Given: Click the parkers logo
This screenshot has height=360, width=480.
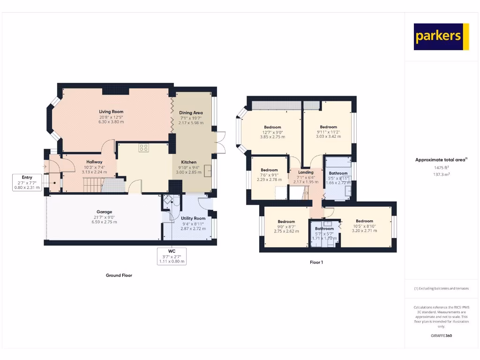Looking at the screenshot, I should tap(441, 37).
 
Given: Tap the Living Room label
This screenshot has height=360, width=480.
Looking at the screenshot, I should tap(111, 112).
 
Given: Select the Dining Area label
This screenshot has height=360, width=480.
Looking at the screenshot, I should tap(191, 113).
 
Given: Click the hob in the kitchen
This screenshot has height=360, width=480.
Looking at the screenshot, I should tap(143, 148).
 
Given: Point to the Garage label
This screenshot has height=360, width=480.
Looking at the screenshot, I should tap(104, 212).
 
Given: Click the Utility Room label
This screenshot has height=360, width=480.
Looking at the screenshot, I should tap(193, 218).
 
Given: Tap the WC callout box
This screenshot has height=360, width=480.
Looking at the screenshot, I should tap(172, 256).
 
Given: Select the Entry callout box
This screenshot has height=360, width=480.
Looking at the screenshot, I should tap(27, 182).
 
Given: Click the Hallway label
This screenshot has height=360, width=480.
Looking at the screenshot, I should tap(94, 162).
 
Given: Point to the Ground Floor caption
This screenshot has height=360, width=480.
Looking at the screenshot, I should tap(119, 276).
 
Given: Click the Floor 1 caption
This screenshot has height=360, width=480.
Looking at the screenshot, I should tap(316, 262).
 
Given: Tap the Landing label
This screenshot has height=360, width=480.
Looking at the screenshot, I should tap(306, 172).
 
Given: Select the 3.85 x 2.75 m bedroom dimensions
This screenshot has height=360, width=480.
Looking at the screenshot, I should tap(272, 137).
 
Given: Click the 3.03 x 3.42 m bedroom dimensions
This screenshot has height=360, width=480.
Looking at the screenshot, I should tap(328, 136).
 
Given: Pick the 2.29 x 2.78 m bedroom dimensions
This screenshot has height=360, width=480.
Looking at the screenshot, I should tap(269, 180).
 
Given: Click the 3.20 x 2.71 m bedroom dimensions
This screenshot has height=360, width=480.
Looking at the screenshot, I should tap(364, 231).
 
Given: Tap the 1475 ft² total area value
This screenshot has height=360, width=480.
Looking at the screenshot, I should tap(441, 167).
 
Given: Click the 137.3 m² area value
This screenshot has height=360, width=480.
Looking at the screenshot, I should tap(441, 174).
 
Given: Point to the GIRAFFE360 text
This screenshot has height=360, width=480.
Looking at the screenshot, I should tap(441, 336).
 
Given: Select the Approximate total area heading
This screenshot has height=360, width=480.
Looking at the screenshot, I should tap(441, 160).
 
